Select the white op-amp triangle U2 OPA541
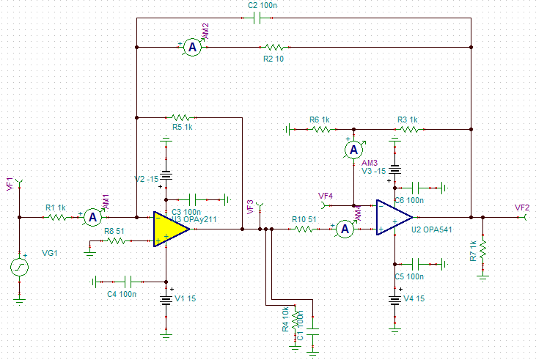(x=392, y=218)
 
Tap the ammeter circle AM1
(x=92, y=217)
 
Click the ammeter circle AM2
(x=191, y=47)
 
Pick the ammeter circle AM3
(x=353, y=150)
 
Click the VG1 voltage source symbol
(x=19, y=268)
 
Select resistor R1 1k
(x=56, y=217)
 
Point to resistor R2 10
(x=274, y=47)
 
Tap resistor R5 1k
(x=180, y=117)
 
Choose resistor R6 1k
(x=320, y=129)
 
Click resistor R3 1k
(x=408, y=129)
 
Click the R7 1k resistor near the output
(x=482, y=252)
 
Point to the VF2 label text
(x=522, y=207)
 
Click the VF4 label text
(x=326, y=196)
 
